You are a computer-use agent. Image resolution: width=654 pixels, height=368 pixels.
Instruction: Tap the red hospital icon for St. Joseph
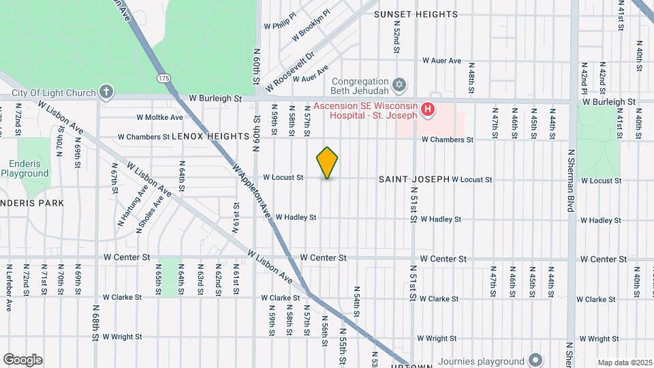(x=427, y=109)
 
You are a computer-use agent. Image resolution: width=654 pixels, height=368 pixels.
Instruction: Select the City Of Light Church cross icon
(x=106, y=91)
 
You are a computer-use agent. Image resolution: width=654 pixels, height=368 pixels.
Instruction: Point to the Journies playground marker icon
(x=535, y=360)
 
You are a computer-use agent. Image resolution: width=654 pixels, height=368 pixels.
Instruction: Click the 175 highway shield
(x=163, y=78)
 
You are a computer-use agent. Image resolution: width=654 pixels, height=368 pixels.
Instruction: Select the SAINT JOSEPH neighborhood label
(x=414, y=179)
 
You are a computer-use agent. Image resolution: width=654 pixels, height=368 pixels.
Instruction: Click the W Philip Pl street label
(x=281, y=20)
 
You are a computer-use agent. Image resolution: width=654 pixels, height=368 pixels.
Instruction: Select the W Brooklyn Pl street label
(x=311, y=25)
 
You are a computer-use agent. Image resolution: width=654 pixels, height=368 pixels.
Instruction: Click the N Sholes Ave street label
(x=151, y=215)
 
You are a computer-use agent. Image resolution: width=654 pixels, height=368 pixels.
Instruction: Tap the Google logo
(x=22, y=360)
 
